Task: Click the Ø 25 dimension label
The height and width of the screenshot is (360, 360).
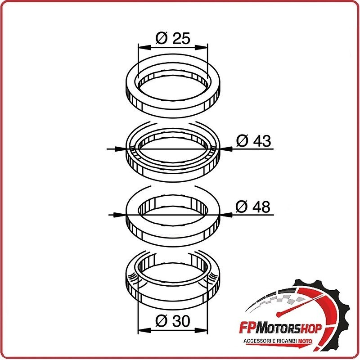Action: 173,38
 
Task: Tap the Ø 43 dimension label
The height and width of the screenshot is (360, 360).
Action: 253,141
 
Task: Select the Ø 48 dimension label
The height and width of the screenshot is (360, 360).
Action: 253,207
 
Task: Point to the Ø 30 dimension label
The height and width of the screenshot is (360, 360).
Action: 173,321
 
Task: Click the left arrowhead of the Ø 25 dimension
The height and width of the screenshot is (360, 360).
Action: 144,48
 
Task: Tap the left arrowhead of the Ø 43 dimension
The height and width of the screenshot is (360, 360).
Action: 121,149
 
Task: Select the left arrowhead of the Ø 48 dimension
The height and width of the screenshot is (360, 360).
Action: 121,215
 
